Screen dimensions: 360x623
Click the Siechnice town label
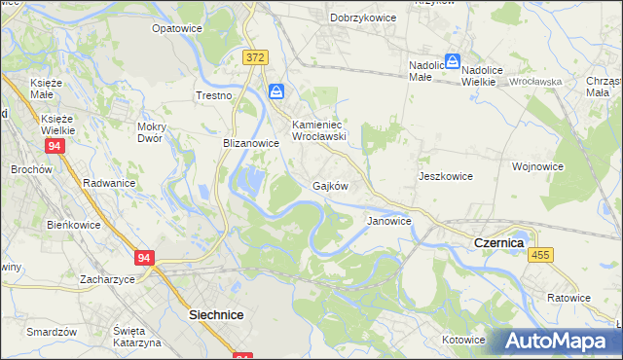[215, 315]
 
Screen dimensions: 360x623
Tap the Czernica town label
[498, 242]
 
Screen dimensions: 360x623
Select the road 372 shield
[255, 58]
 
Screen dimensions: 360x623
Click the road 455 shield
[541, 254]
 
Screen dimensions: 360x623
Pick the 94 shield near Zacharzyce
[144, 258]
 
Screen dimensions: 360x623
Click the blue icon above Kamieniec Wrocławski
[277, 92]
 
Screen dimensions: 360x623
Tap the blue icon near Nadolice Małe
[453, 61]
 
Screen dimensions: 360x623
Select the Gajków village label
[330, 186]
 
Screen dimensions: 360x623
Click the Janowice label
[388, 221]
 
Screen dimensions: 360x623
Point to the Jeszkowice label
[445, 177]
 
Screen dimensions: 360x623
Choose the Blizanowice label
[251, 142]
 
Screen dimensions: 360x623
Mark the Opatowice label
[176, 29]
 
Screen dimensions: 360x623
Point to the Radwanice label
[108, 183]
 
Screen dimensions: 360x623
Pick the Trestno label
[213, 95]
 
